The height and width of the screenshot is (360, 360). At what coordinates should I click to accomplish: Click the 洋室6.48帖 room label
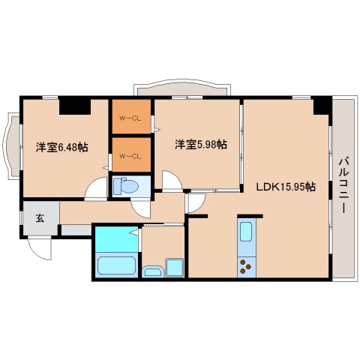(61, 148)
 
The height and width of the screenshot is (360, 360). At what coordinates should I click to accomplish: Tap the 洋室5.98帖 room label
(201, 144)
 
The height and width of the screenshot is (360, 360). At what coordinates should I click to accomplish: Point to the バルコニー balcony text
(342, 184)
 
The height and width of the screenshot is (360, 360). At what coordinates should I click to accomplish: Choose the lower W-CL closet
(130, 155)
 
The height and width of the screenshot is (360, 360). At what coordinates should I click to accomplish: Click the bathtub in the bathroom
(116, 266)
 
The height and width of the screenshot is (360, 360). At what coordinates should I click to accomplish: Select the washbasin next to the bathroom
(153, 271)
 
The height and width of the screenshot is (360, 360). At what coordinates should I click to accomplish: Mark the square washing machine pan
(175, 267)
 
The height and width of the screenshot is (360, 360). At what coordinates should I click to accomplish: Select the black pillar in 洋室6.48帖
(75, 106)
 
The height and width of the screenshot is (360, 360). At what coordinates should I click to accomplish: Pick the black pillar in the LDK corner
(322, 106)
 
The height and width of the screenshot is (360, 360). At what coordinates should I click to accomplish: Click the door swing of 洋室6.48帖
(96, 190)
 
